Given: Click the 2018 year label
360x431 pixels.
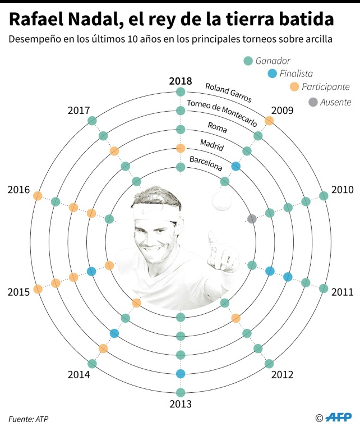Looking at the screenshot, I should point(181,80).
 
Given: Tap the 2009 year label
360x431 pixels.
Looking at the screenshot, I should point(282,110).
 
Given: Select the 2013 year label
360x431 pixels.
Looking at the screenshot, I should point(181,404).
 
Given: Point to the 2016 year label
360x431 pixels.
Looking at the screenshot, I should point(19,190).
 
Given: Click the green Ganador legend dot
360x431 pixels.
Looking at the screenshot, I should point(247,61).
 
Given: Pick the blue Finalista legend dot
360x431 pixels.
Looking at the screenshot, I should point(272,74).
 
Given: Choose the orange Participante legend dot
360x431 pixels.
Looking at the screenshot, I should point(294,87).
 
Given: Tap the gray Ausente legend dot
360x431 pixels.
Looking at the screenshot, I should point(313,102).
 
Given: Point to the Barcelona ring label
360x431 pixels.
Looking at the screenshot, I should point(205,163).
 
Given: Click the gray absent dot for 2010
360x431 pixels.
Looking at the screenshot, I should point(252,218).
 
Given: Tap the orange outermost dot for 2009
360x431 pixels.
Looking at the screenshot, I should point(269,121).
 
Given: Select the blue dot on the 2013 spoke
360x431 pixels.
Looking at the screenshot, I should point(181,374).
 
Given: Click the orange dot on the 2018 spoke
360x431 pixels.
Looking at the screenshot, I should point(181,148).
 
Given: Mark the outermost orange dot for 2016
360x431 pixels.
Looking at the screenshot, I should point(38,196).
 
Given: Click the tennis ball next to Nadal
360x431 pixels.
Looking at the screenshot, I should point(221,199).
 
